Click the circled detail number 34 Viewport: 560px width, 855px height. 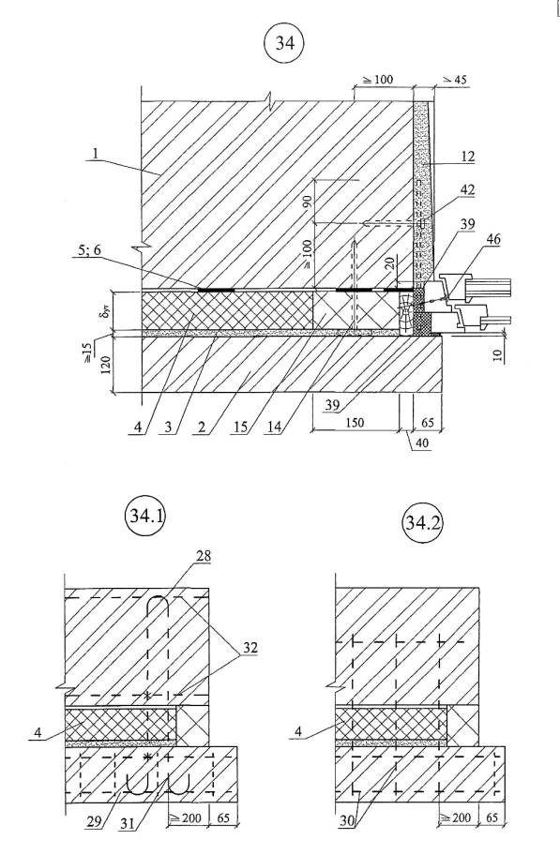pos(284,43)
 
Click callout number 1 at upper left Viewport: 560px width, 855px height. pos(96,155)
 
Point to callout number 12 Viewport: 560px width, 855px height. pos(467,157)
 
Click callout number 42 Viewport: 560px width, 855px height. pos(467,191)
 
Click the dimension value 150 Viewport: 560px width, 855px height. pos(355,423)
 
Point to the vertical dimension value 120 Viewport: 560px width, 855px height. pos(106,365)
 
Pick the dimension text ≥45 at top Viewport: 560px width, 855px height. pos(454,80)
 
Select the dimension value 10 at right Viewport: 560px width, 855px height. pos(498,356)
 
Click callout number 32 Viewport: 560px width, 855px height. pos(250,648)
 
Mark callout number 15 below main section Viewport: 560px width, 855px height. pos(240,427)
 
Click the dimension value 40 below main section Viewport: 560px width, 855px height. pos(422,443)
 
